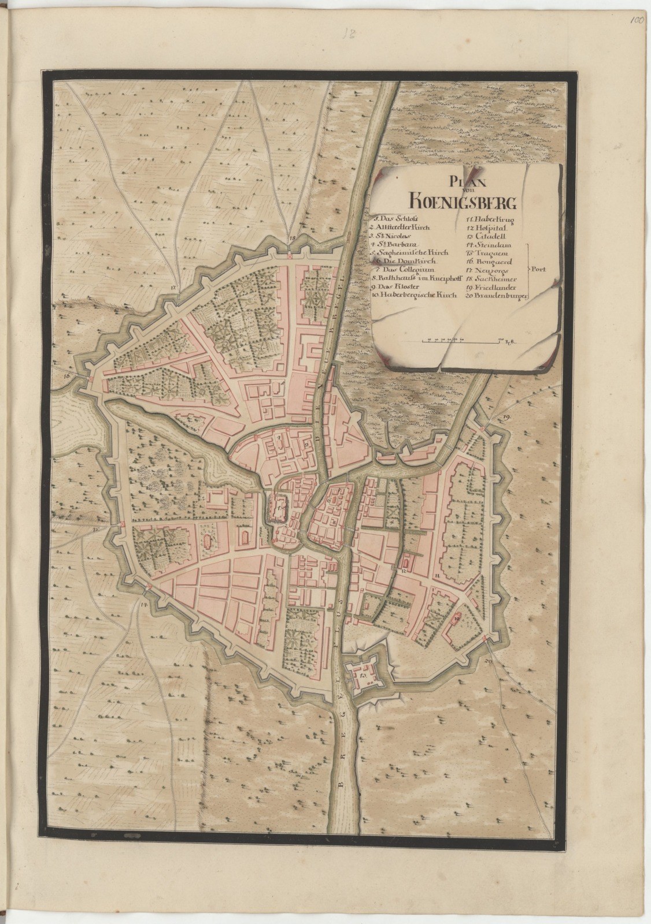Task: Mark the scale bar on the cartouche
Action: click(461, 341)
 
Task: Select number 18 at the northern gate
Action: click(292, 238)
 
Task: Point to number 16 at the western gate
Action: click(68, 375)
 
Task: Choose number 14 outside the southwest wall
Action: click(142, 605)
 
